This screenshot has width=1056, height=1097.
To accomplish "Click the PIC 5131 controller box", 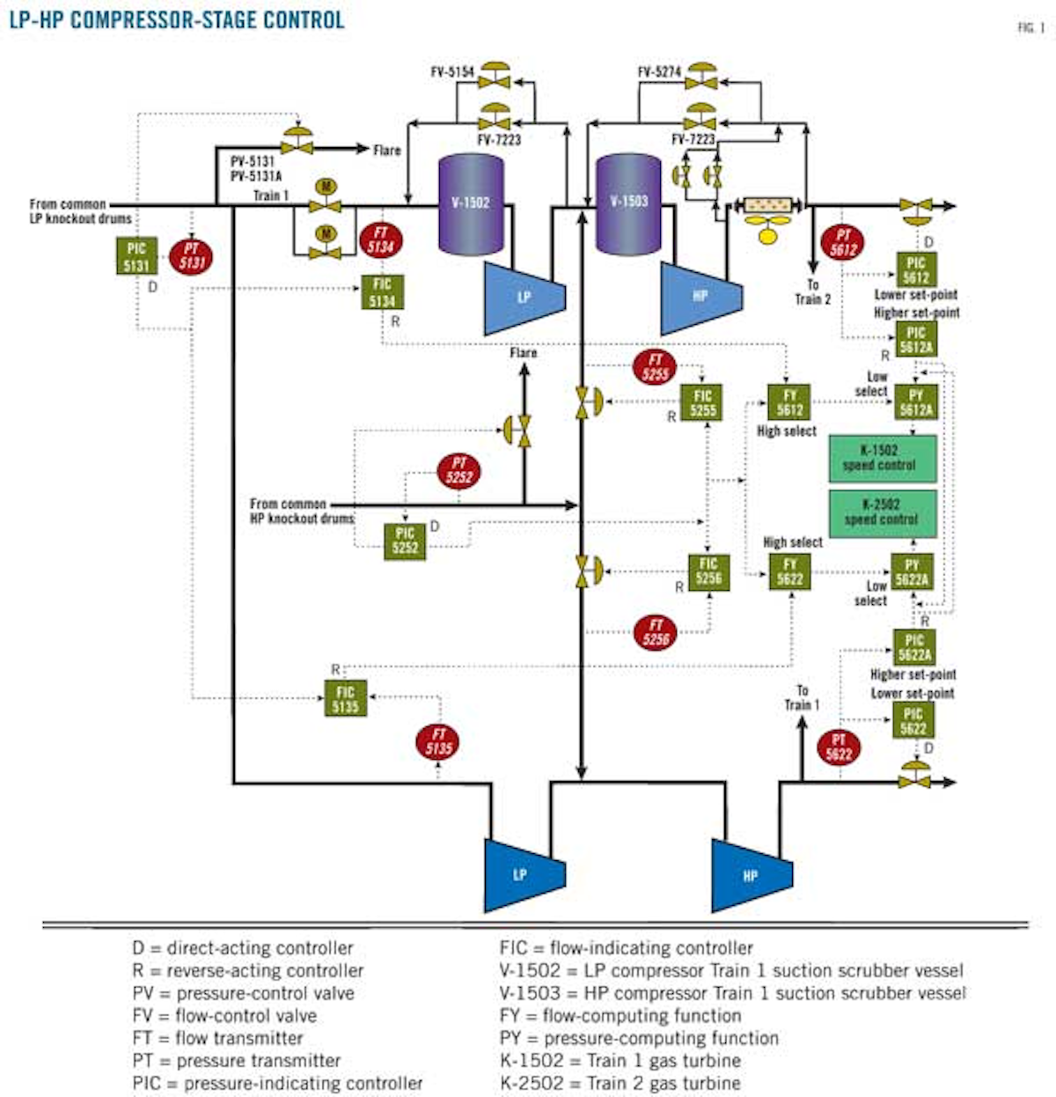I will point(136,256).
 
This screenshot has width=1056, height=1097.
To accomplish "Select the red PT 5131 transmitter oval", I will point(191,256).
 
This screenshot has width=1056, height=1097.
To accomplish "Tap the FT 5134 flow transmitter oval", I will point(381,240).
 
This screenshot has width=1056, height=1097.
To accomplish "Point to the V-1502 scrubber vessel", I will point(470,203).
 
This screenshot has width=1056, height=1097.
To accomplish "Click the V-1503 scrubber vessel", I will point(628,202).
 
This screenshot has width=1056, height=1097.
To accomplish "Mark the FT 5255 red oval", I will point(656,366).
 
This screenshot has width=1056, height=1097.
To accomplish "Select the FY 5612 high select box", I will point(789,402).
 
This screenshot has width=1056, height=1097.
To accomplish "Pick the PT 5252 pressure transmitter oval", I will point(459,471).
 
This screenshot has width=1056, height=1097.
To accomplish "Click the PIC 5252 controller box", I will point(405,541).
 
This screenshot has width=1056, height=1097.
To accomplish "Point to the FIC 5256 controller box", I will point(708,571).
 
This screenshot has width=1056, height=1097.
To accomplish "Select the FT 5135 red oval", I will point(438,742).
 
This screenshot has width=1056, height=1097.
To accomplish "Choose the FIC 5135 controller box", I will point(346,699).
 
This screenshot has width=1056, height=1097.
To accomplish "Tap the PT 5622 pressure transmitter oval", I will point(839,747).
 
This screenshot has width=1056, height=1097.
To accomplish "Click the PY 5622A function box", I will point(912,571).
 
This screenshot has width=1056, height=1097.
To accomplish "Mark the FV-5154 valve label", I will point(452,72).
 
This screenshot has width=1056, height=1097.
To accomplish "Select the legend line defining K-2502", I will point(620,1083).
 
